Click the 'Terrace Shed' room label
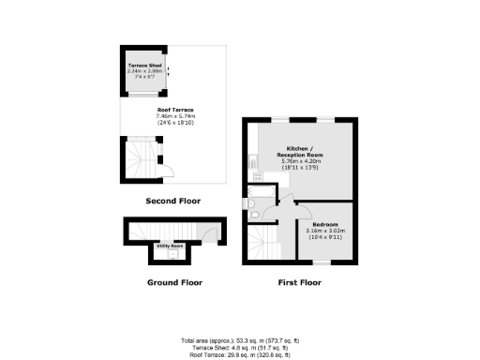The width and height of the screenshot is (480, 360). coord(144,66)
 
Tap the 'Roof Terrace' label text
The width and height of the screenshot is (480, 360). coord(175,110)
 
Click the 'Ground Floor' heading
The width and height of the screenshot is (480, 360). coord(174,281)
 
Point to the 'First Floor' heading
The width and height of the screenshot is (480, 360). coord(300,281)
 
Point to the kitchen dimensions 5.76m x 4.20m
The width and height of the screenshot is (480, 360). coord(301,162)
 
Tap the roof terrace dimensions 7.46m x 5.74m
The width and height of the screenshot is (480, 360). coord(175,116)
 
